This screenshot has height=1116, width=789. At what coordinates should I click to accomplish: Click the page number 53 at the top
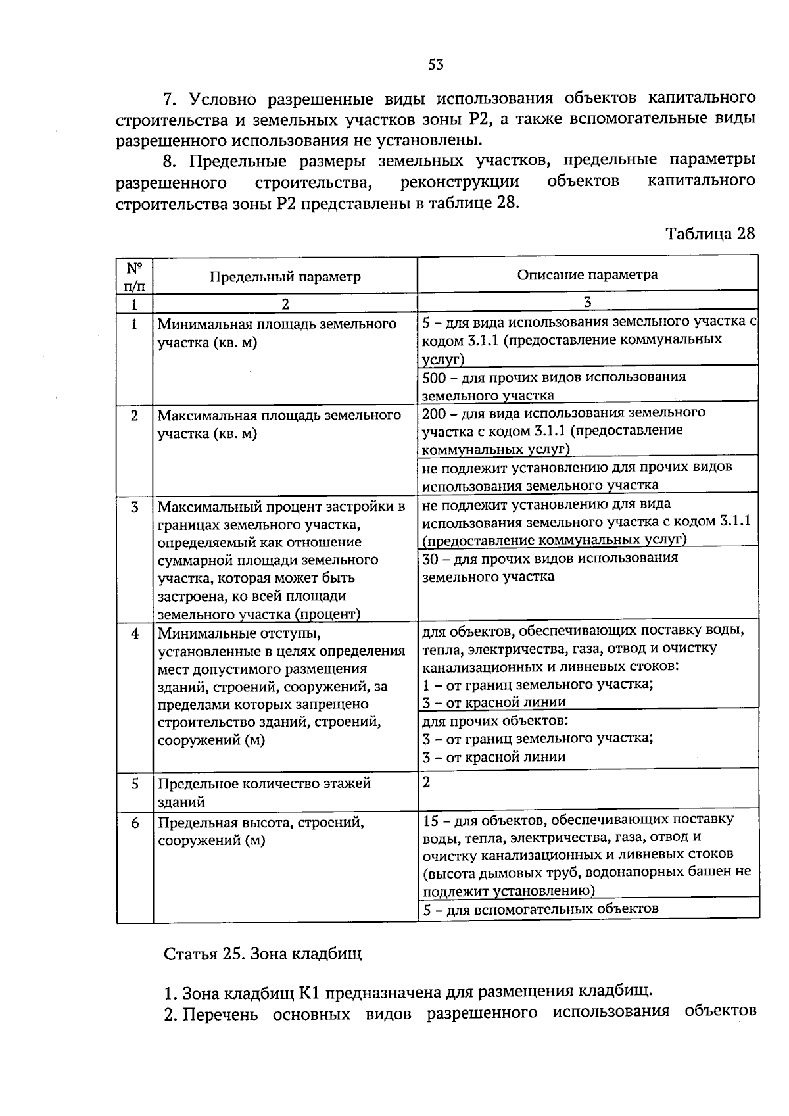click(x=436, y=64)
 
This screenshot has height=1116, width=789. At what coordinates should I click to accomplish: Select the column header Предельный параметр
click(x=285, y=277)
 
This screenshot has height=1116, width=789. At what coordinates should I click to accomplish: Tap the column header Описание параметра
click(x=587, y=275)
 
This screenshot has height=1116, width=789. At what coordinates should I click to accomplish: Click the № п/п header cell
click(x=135, y=277)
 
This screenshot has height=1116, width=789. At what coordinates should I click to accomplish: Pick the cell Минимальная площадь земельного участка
click(x=277, y=333)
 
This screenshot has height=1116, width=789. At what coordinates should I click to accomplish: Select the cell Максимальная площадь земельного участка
click(x=279, y=424)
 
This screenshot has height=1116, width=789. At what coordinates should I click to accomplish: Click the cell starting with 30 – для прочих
click(x=550, y=567)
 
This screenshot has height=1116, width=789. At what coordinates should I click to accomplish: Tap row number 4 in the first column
click(x=135, y=634)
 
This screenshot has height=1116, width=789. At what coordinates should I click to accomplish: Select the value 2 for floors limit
click(x=427, y=782)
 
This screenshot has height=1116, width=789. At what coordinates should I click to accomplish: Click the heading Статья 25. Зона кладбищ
click(x=262, y=954)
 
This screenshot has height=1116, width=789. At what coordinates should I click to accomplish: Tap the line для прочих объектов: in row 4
click(x=495, y=721)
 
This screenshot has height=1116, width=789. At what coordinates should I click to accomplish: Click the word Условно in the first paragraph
click(x=222, y=99)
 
